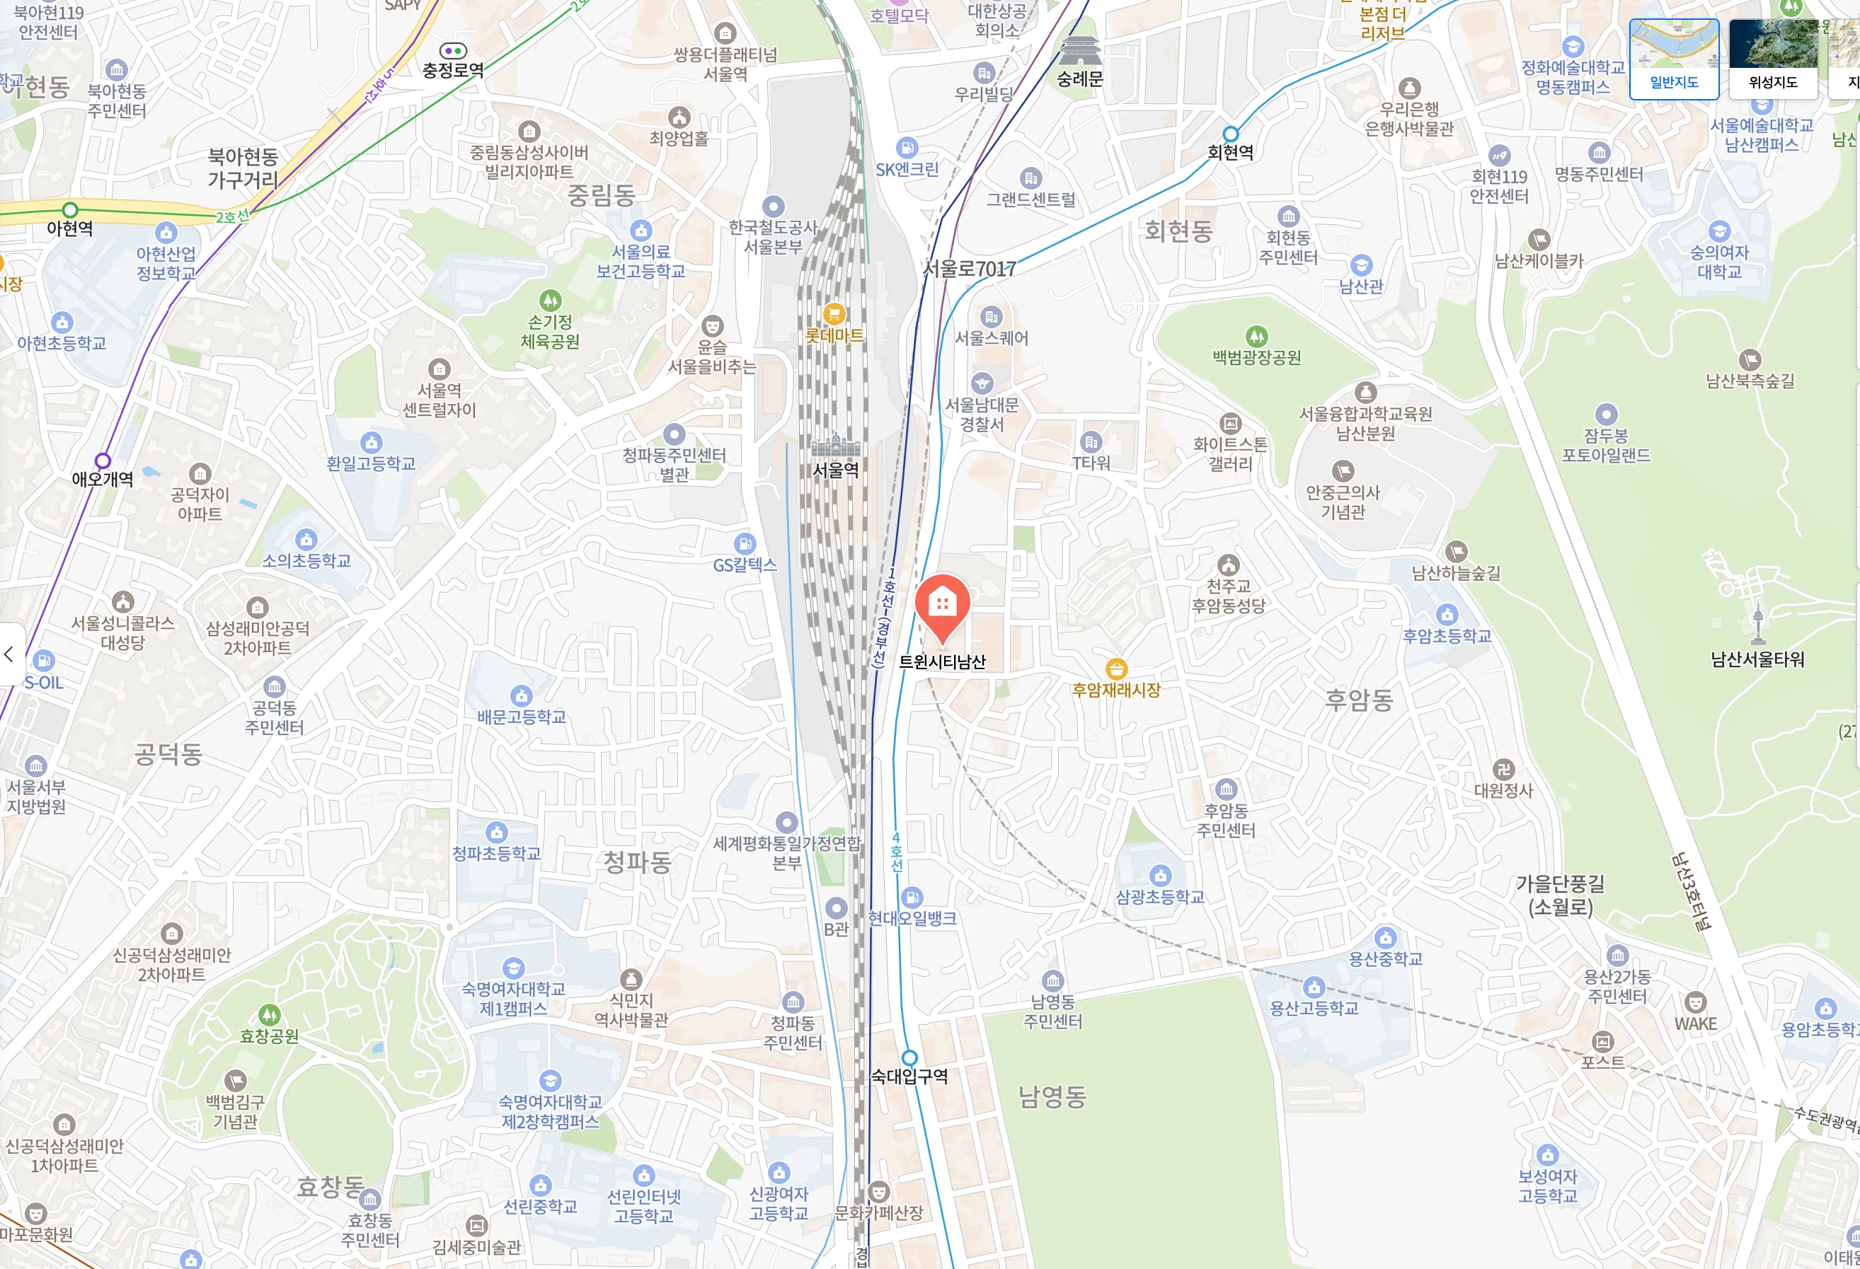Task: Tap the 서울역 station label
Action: point(836,470)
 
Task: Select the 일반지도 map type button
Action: point(1674,59)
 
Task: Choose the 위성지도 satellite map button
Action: point(1773,59)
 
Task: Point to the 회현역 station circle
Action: point(1230,134)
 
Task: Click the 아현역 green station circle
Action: point(71,209)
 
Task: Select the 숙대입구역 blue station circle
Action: point(909,1057)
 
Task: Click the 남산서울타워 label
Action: point(1757,659)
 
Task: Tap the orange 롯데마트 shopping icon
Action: point(834,313)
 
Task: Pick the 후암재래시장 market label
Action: point(1115,690)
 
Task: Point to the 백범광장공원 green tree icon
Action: point(1256,336)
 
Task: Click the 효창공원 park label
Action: point(269,1036)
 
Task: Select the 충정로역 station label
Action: point(453,71)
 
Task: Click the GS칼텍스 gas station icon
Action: point(745,544)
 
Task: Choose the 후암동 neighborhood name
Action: point(1359,700)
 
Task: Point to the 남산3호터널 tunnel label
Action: point(1690,891)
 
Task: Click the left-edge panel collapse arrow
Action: point(8,654)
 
